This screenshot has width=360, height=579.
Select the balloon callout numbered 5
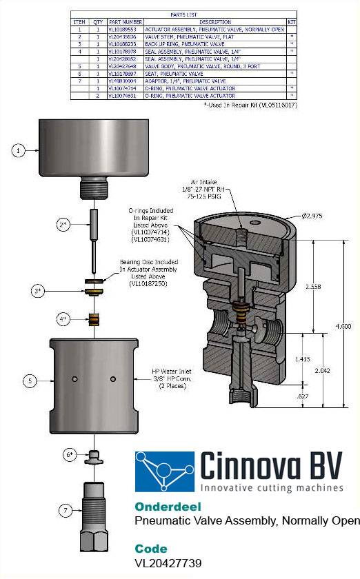pos(29,379)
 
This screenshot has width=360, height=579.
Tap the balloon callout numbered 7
pos(65,511)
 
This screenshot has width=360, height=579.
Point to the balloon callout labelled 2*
pos(63,225)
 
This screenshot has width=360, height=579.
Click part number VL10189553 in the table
pos(126,30)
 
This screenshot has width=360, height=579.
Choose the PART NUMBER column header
pos(126,23)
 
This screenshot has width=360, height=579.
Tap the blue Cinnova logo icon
pos(164,471)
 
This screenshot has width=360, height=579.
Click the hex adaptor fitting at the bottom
pos(98,516)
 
